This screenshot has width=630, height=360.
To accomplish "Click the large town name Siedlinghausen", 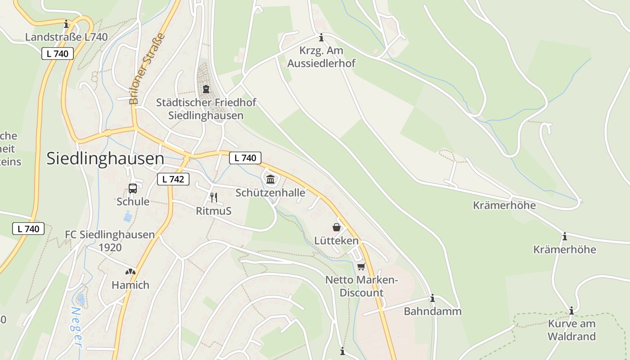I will tap(105, 158).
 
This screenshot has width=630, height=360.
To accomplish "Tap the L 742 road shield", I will tap(173, 179).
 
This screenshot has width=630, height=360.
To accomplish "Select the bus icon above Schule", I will tap(133, 189).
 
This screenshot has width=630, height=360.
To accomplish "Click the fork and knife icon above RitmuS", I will tap(214, 197).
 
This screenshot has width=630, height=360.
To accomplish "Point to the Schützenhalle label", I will tap(270, 193).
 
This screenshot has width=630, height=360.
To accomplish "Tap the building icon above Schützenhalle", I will tap(270, 180).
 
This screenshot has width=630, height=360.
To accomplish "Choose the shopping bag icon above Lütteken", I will tap(337, 227).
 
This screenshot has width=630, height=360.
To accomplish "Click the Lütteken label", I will tap(337, 241).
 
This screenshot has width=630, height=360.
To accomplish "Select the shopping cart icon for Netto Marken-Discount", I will tap(361, 267).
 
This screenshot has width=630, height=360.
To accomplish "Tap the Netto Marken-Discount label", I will tap(361, 286).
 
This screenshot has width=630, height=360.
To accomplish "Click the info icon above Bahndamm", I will tap(432, 298).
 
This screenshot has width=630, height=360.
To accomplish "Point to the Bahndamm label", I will tap(432, 311).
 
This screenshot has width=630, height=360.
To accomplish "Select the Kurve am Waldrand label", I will tap(571, 330).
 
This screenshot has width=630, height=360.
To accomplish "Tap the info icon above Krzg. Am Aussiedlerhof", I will tap(321, 37).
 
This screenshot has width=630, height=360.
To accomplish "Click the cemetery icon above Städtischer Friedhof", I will tap(206, 89).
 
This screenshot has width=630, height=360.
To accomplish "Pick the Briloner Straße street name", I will tap(147, 68).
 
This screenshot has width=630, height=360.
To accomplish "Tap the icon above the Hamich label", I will tap(130, 272).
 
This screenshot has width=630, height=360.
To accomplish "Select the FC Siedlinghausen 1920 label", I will tap(110, 241).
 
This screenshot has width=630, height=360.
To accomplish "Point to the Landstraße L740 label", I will tap(66, 37).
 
